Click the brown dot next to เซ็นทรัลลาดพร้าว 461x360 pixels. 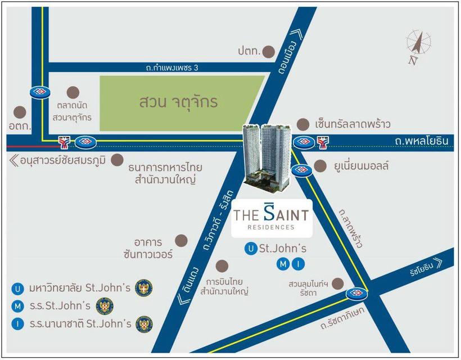pyautogui.click(x=304, y=124)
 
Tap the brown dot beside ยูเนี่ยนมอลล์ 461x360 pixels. pyautogui.click(x=320, y=166)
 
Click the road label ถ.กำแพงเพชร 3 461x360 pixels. pyautogui.click(x=171, y=68)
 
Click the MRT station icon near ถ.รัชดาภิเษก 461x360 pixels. pyautogui.click(x=356, y=293)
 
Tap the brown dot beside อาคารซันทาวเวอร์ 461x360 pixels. pyautogui.click(x=182, y=241)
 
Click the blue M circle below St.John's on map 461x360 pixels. pyautogui.click(x=284, y=263)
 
